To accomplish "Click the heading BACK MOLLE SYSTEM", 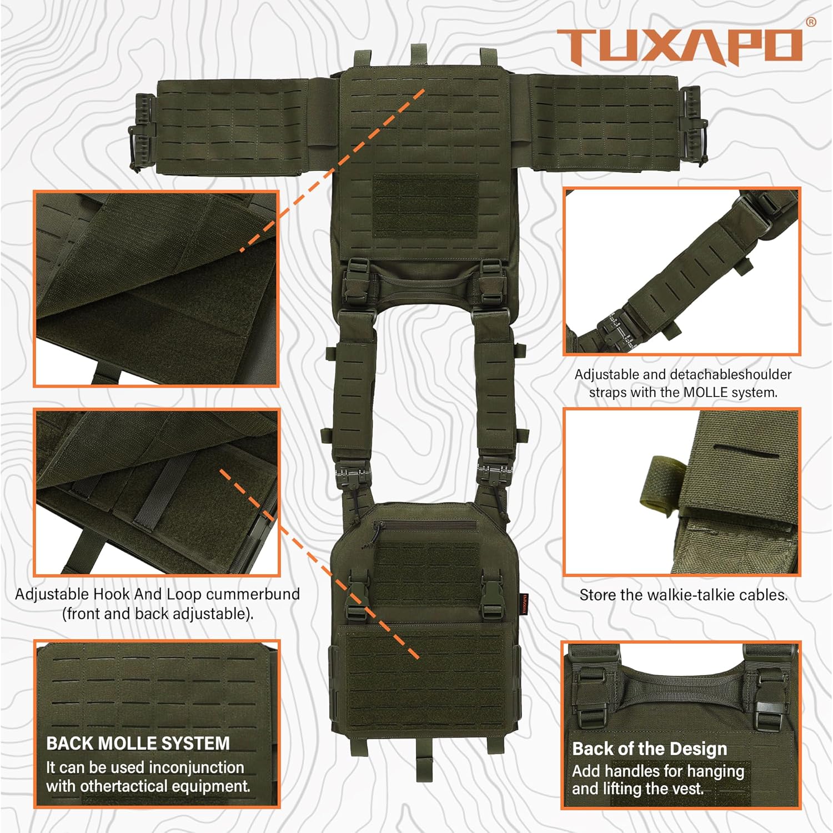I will coord(138,743).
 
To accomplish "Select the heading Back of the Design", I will coord(649,749).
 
